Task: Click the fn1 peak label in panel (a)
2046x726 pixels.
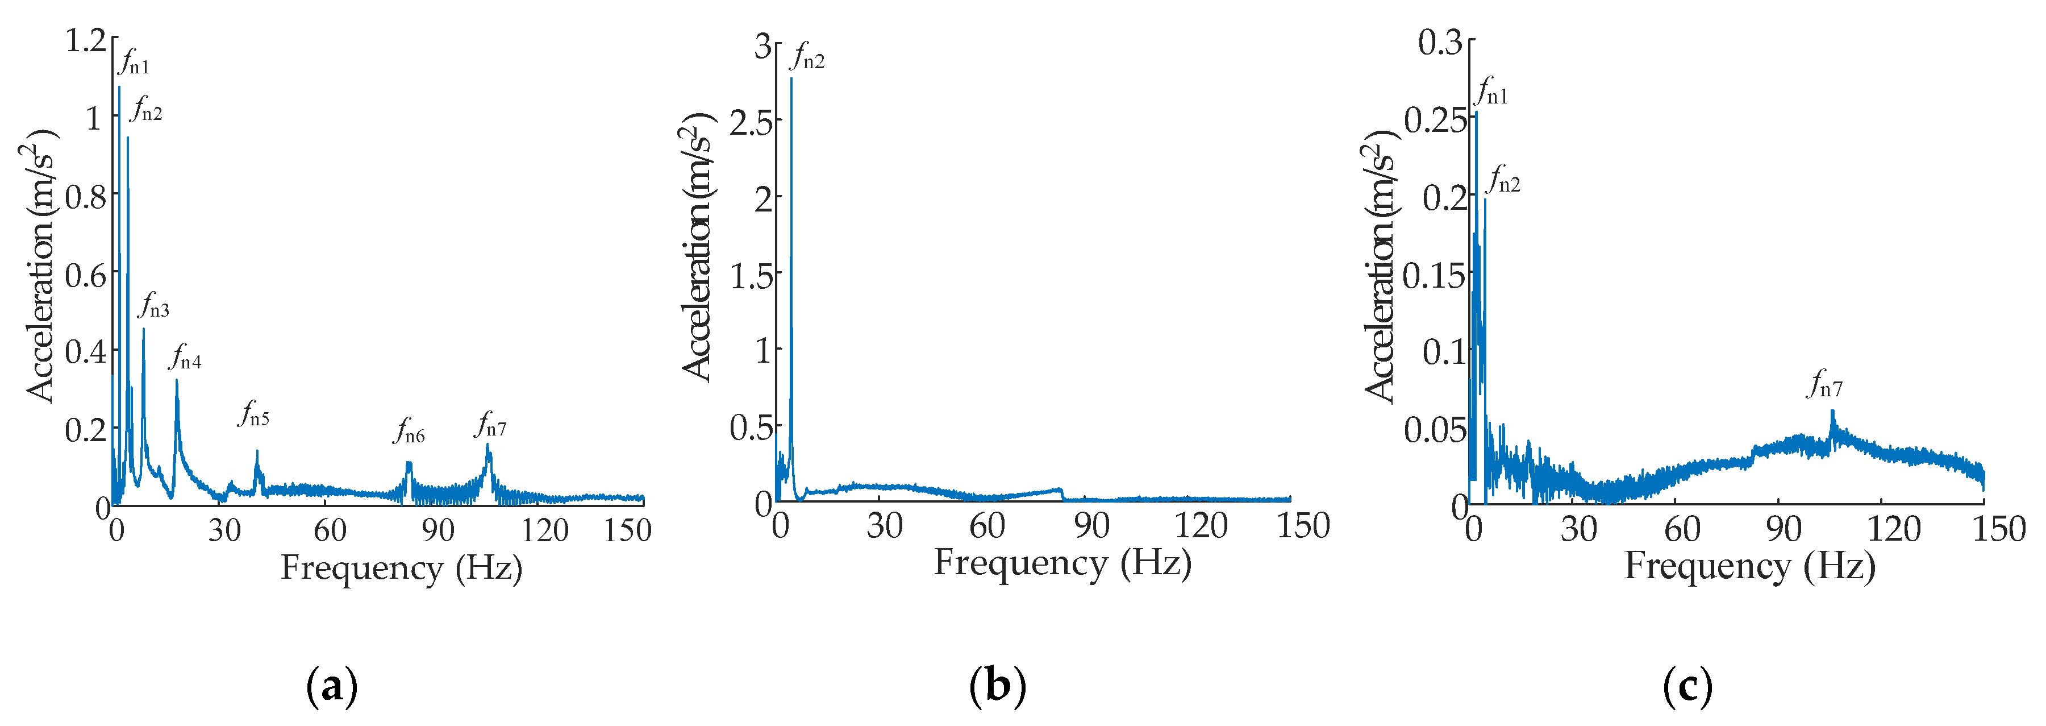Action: click(x=134, y=63)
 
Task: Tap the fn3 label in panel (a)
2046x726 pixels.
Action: click(x=154, y=306)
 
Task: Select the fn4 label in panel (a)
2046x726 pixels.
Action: click(x=185, y=358)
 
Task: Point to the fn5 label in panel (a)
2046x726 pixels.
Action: click(x=254, y=414)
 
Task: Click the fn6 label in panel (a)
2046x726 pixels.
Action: click(x=409, y=432)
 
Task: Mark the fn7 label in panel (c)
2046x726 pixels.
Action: click(x=1824, y=385)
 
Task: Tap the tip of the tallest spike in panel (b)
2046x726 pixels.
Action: click(x=791, y=78)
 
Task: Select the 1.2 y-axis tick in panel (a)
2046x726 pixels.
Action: click(x=85, y=40)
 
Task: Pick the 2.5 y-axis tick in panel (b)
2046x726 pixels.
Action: click(x=751, y=122)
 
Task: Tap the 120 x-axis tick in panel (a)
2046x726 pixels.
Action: click(x=545, y=530)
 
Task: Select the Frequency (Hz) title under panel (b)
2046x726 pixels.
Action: click(x=1062, y=563)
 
